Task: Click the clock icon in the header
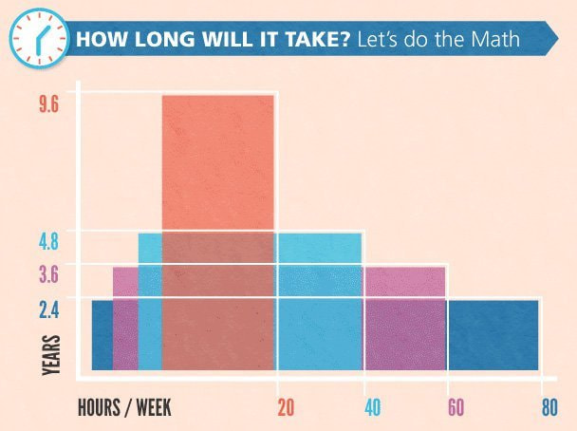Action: coord(39,39)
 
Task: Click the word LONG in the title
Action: coord(145,42)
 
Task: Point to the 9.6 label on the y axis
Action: coord(49,104)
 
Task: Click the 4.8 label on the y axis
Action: coord(49,241)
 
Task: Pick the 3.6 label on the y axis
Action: coord(49,275)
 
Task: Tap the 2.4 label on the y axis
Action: coord(49,309)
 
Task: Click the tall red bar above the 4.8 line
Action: coord(218,161)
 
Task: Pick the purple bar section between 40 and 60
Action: coord(404,283)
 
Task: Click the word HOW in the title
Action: coord(95,42)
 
